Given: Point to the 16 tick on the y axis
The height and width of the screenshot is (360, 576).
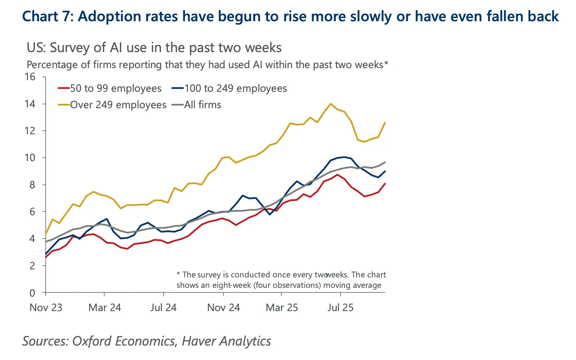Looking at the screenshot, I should [x=30, y=77].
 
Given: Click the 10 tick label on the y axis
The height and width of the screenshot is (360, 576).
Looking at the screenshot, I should [x=30, y=158].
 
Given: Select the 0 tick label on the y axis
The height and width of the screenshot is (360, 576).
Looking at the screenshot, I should [x=32, y=293].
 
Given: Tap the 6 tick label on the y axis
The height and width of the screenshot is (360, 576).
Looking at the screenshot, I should [x=32, y=212].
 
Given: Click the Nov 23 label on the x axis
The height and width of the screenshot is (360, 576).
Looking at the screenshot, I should [x=46, y=307].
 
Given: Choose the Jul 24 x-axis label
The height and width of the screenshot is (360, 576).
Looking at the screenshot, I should [x=163, y=307].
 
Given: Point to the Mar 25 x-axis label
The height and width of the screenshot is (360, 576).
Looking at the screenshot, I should [x=282, y=307].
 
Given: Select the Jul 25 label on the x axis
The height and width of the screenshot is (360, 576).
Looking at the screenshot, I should [x=340, y=307].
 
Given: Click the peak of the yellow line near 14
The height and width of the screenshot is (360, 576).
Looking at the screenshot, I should [x=331, y=104].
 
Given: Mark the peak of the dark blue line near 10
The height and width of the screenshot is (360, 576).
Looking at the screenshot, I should [x=344, y=157].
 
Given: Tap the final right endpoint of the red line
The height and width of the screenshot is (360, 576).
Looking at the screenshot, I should [x=385, y=184].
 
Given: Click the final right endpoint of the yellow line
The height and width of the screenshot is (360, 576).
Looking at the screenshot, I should [x=385, y=123].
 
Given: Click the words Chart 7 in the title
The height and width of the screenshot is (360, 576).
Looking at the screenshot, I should [x=47, y=16].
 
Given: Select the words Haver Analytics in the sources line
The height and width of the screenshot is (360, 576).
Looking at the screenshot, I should [x=226, y=341].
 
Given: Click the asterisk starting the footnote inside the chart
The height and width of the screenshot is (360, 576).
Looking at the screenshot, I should [x=178, y=274].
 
